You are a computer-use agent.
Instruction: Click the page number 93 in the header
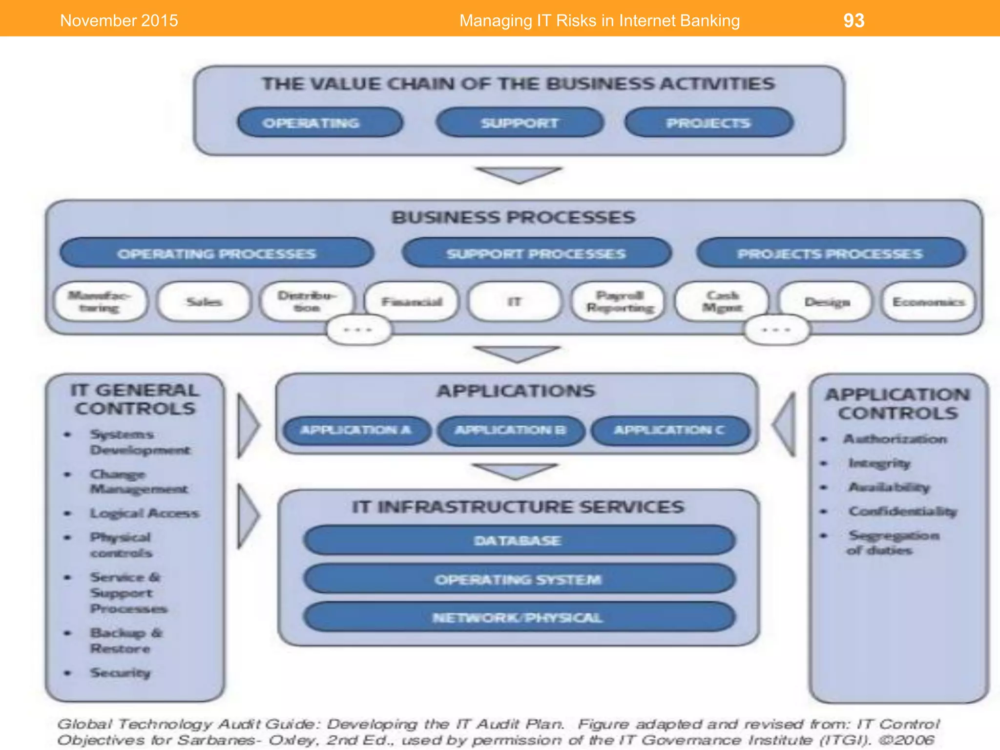[854, 21]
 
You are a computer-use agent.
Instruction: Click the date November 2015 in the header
[119, 21]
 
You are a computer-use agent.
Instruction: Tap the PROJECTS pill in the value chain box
[708, 123]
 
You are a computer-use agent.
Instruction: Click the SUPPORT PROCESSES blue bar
[536, 253]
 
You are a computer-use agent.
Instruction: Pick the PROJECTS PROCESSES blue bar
[831, 253]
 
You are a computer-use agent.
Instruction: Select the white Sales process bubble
[204, 302]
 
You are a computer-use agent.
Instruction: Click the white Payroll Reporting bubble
[619, 302]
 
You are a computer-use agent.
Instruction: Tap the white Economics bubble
[928, 302]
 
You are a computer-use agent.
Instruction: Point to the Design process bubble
[826, 302]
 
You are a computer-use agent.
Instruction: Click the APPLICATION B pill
[511, 430]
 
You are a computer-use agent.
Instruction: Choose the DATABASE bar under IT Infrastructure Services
[519, 541]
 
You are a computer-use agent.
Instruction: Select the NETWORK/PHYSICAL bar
[519, 618]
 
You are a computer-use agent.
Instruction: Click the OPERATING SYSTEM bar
[519, 580]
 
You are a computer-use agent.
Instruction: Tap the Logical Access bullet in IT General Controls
[145, 513]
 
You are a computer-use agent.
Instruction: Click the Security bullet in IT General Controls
[120, 673]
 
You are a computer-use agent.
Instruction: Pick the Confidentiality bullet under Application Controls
[902, 511]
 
